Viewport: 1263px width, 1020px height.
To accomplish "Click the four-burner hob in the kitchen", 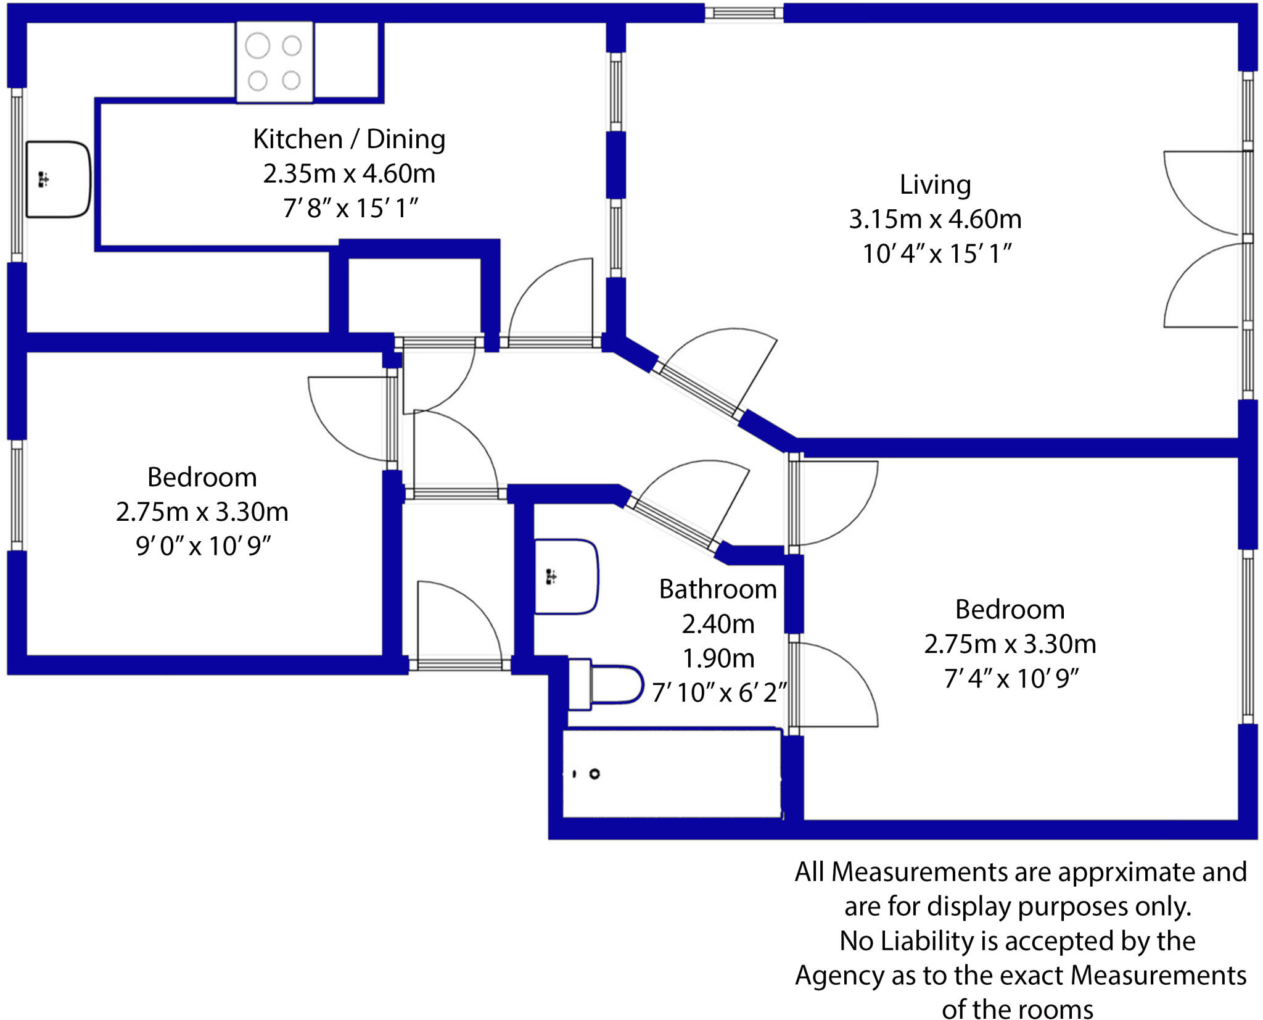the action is pos(274,62).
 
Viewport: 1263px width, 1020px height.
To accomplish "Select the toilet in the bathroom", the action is pos(607,684).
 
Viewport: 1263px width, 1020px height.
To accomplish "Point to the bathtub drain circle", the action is pos(594,774).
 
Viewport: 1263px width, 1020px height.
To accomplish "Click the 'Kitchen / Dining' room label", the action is pos(349,139).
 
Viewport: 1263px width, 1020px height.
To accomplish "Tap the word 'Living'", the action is pos(935,185).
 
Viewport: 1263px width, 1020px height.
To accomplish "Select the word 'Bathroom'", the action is pos(718,589).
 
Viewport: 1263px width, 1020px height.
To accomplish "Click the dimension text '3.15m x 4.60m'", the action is pos(935,219).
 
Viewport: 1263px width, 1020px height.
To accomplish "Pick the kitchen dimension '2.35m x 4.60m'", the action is pos(349,174).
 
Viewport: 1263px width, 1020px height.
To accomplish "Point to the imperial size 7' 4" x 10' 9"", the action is pos(1011,679).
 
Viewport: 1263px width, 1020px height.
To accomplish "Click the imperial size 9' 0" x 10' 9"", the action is pos(203,546).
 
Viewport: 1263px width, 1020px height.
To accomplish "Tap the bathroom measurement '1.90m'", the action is pos(718,658).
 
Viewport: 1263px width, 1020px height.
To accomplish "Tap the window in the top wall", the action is pos(744,13).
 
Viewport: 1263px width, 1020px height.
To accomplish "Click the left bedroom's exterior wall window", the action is pos(17,495).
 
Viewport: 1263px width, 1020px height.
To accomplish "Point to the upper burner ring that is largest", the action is pos(257,46).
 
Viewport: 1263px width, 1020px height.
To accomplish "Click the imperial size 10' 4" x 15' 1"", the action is pos(936,254).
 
